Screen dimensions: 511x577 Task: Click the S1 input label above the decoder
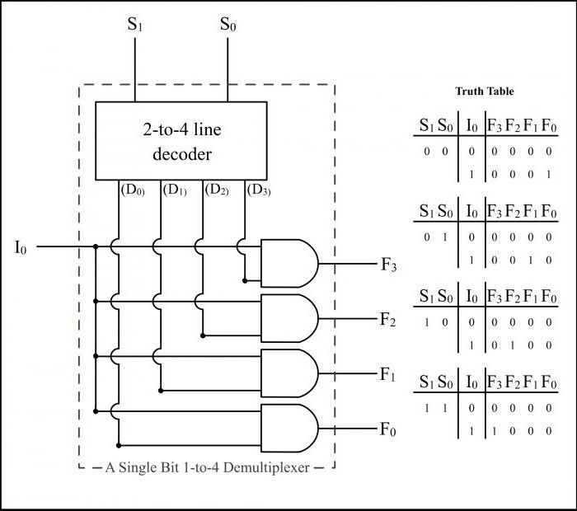coord(134,25)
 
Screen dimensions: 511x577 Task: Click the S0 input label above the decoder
coord(228,25)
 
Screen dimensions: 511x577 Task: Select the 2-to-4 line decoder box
coord(181,141)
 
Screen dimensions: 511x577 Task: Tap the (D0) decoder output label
coord(133,190)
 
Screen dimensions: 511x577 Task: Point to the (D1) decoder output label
coord(176,190)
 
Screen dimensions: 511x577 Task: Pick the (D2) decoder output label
coord(218,190)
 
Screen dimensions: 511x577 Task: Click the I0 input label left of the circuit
coord(21,246)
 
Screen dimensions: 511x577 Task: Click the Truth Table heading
coord(484,91)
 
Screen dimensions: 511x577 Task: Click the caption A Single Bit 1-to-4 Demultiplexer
coord(207,467)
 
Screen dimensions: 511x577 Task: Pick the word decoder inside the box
coord(181,154)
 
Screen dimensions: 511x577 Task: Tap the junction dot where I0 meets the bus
coord(96,246)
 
